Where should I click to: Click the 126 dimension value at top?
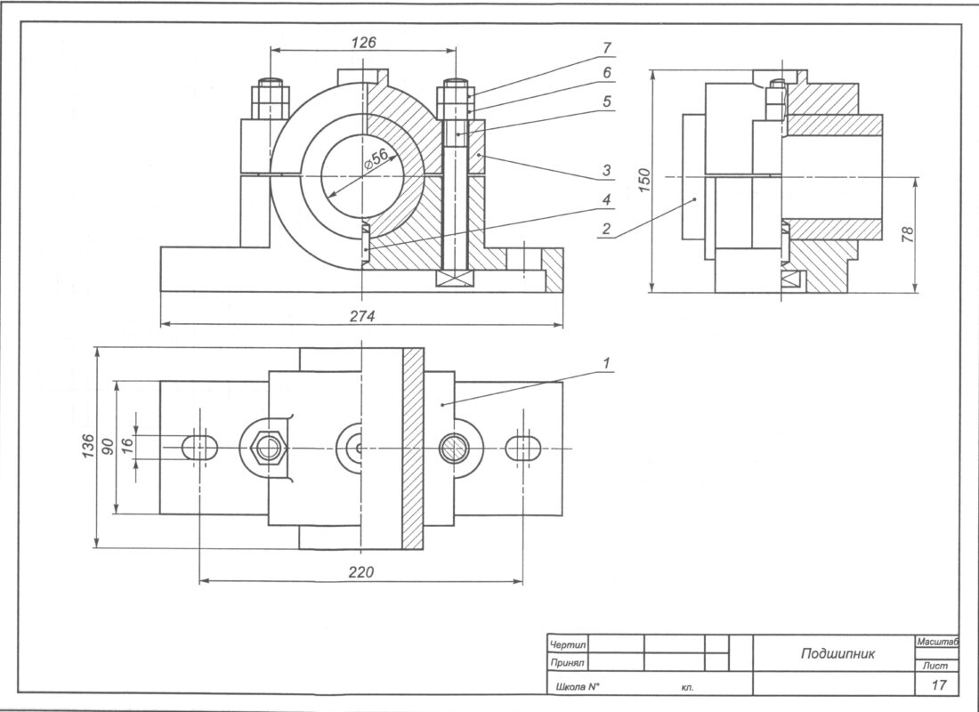point(363,42)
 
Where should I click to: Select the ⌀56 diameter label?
point(377,158)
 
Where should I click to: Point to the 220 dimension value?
point(360,571)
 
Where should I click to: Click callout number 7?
point(606,47)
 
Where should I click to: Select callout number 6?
point(606,73)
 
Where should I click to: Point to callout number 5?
point(606,101)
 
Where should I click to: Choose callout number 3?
point(606,169)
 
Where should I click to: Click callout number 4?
point(606,198)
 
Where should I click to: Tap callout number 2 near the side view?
point(605,228)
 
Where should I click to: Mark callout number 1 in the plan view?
point(606,363)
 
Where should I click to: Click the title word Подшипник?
point(837,653)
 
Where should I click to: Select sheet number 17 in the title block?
point(937,684)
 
